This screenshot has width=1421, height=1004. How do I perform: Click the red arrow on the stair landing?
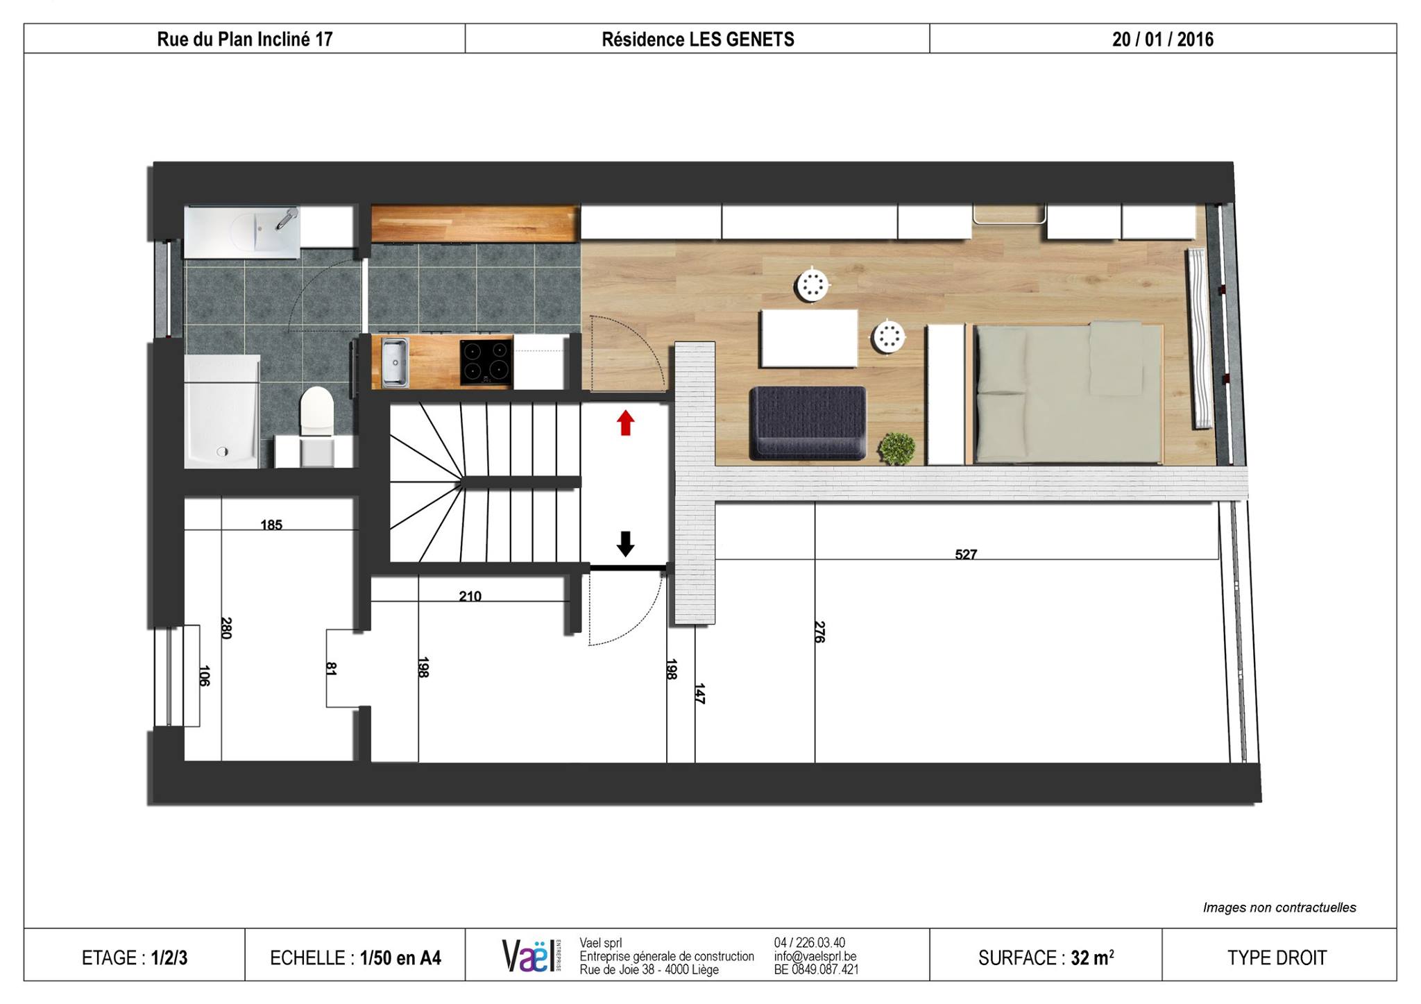pyautogui.click(x=625, y=423)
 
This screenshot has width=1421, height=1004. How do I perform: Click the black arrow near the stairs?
pyautogui.click(x=625, y=544)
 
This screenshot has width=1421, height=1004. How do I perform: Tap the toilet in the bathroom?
pyautogui.click(x=316, y=411)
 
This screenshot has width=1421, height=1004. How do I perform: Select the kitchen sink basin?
pyautogui.click(x=395, y=362)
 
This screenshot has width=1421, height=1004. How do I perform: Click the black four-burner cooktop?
pyautogui.click(x=486, y=361)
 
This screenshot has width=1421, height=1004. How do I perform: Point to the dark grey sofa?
pyautogui.click(x=808, y=423)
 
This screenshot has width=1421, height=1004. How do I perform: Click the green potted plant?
pyautogui.click(x=896, y=448)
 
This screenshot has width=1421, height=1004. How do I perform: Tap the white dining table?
pyautogui.click(x=809, y=338)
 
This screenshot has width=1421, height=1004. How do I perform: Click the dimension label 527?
pyautogui.click(x=966, y=554)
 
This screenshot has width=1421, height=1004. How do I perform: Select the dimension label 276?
pyautogui.click(x=819, y=631)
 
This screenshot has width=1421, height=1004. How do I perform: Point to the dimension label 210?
pyautogui.click(x=470, y=596)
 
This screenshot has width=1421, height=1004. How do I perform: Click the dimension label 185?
pyautogui.click(x=271, y=525)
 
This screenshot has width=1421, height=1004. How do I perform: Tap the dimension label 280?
pyautogui.click(x=226, y=628)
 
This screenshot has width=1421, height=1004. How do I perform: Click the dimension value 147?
pyautogui.click(x=699, y=694)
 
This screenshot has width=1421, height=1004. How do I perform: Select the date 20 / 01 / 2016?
pyautogui.click(x=1163, y=40)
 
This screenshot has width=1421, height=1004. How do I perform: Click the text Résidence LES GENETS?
pyautogui.click(x=698, y=40)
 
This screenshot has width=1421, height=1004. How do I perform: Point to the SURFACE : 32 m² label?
pyautogui.click(x=1046, y=958)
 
